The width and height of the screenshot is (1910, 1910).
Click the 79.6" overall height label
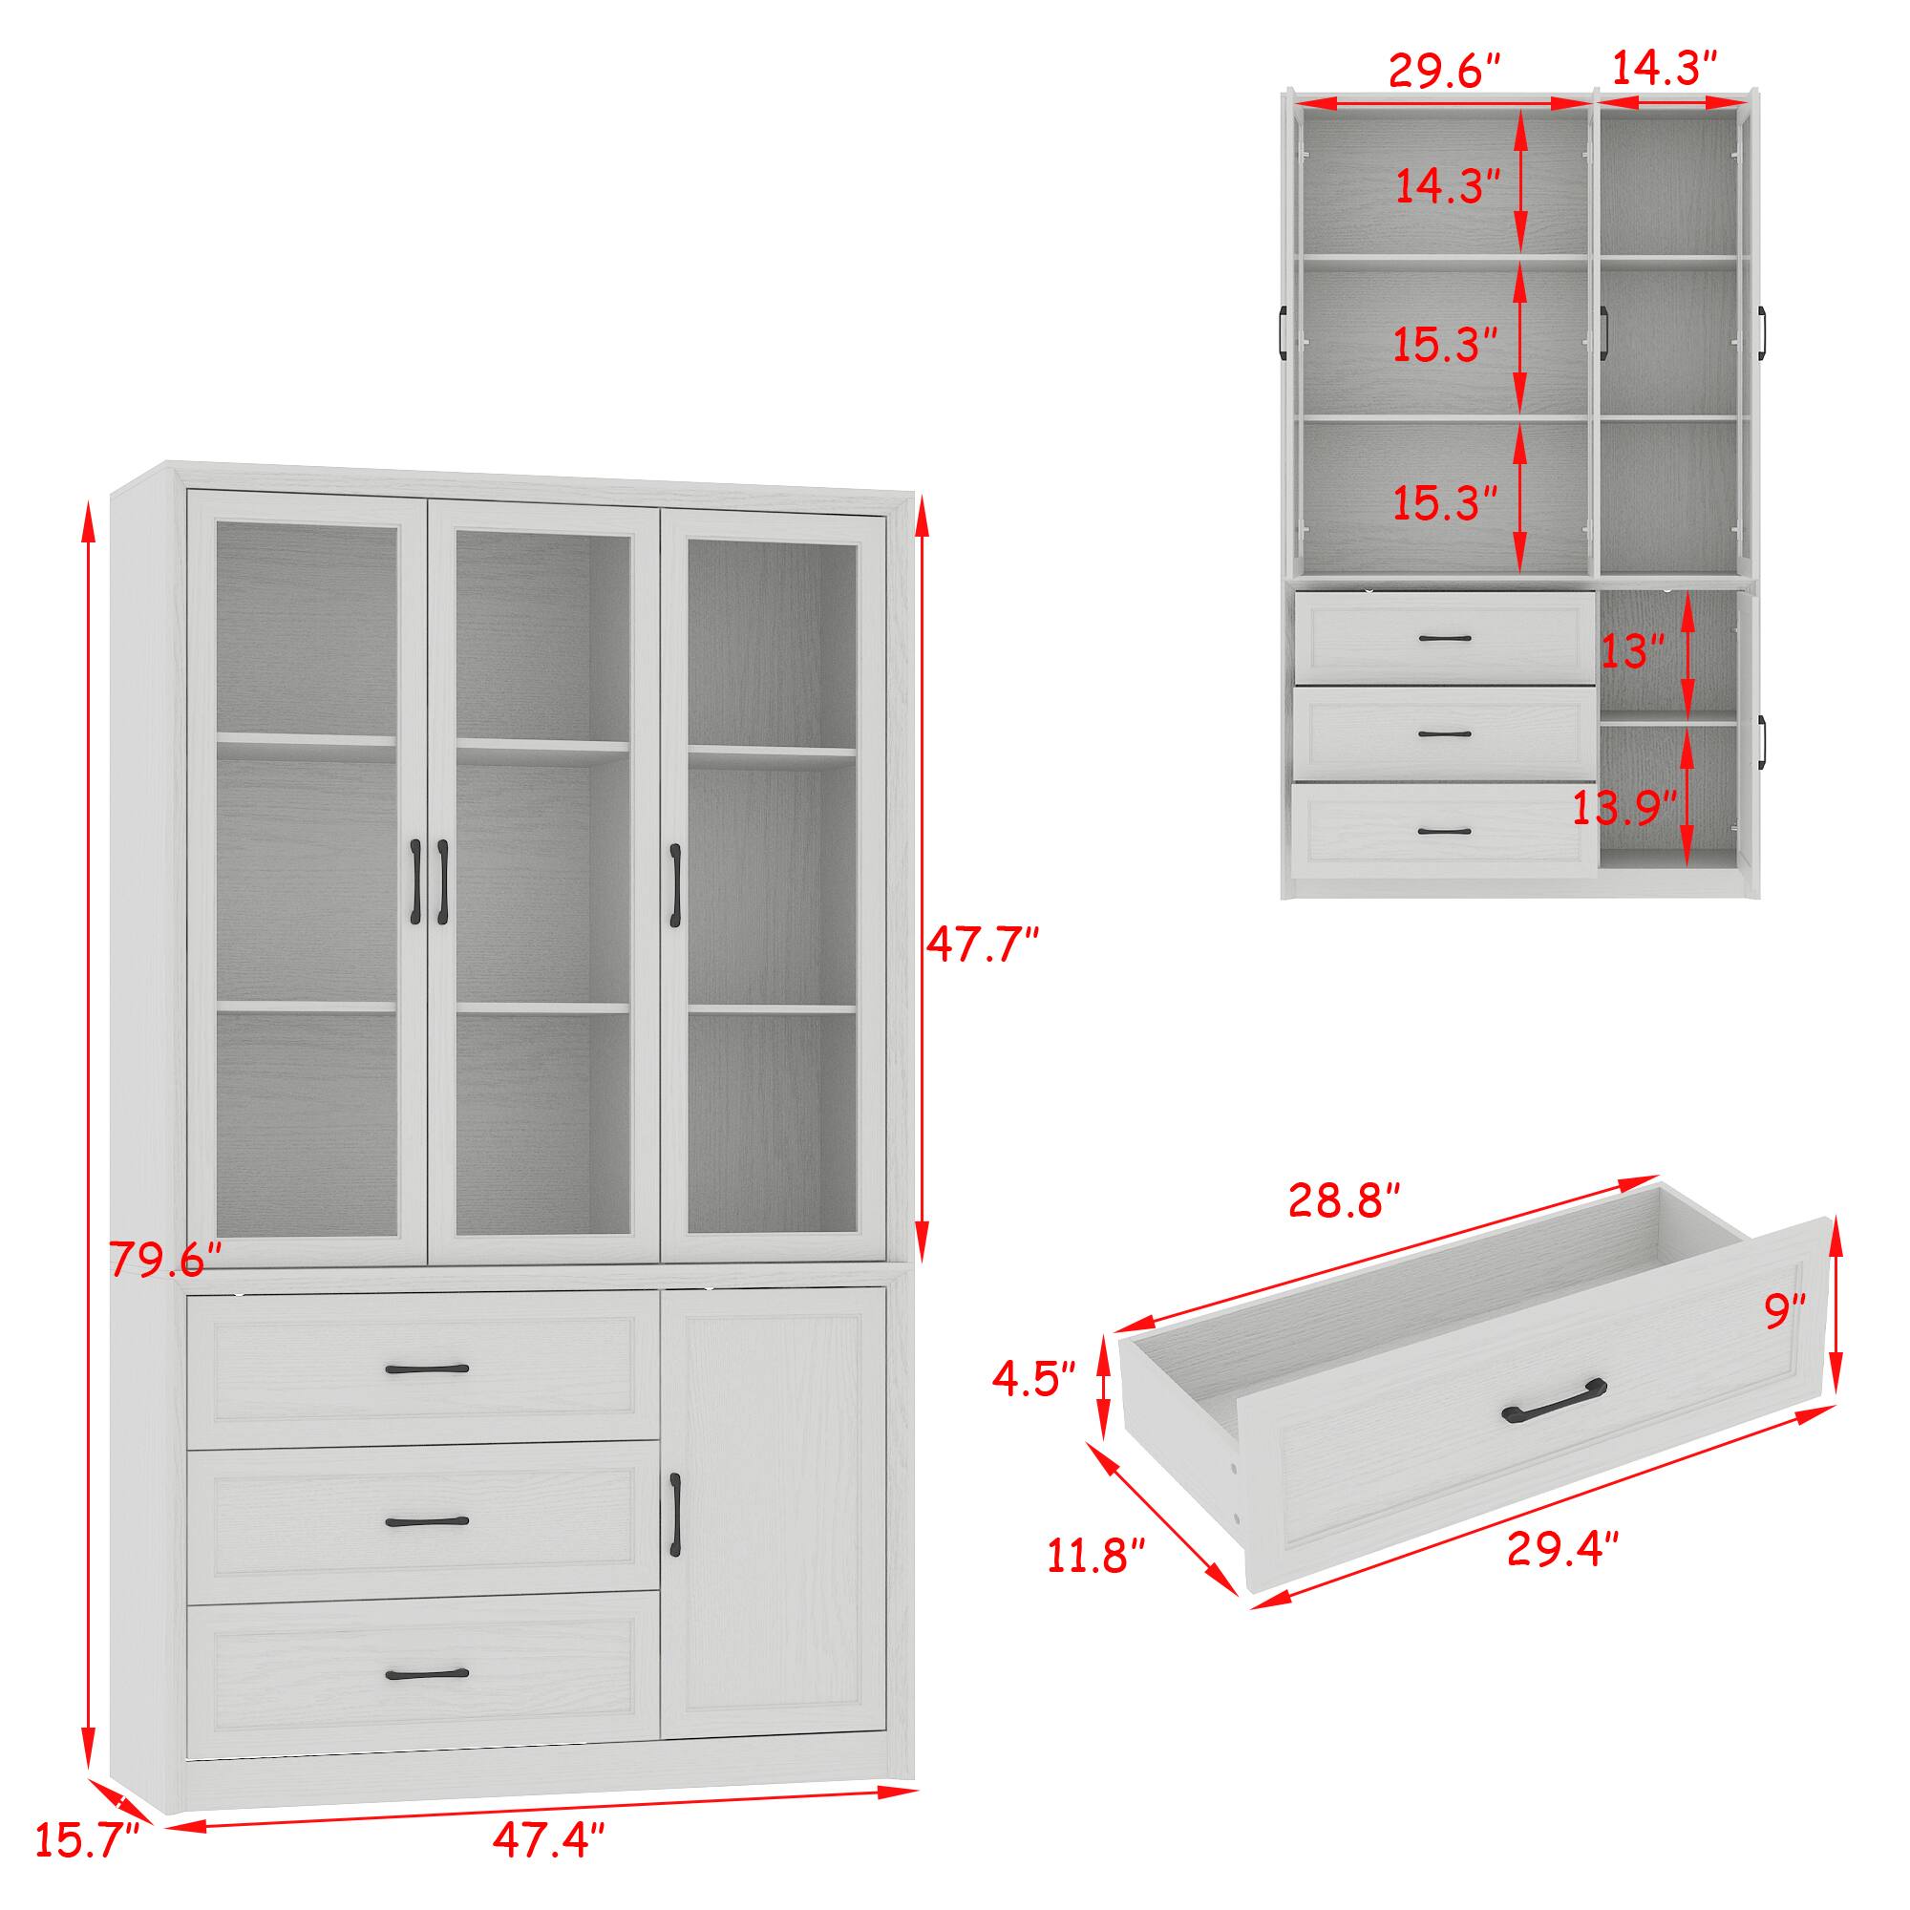click(x=165, y=1259)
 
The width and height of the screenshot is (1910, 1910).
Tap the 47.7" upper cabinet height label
click(x=982, y=946)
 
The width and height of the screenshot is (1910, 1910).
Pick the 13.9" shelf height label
click(x=1625, y=809)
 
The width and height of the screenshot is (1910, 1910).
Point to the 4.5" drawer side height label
click(x=1033, y=1380)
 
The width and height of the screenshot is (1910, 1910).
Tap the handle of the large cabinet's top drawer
click(x=427, y=1369)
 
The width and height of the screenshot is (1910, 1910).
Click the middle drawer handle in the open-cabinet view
click(x=1444, y=733)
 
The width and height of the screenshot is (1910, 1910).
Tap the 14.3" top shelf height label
click(x=1448, y=186)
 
